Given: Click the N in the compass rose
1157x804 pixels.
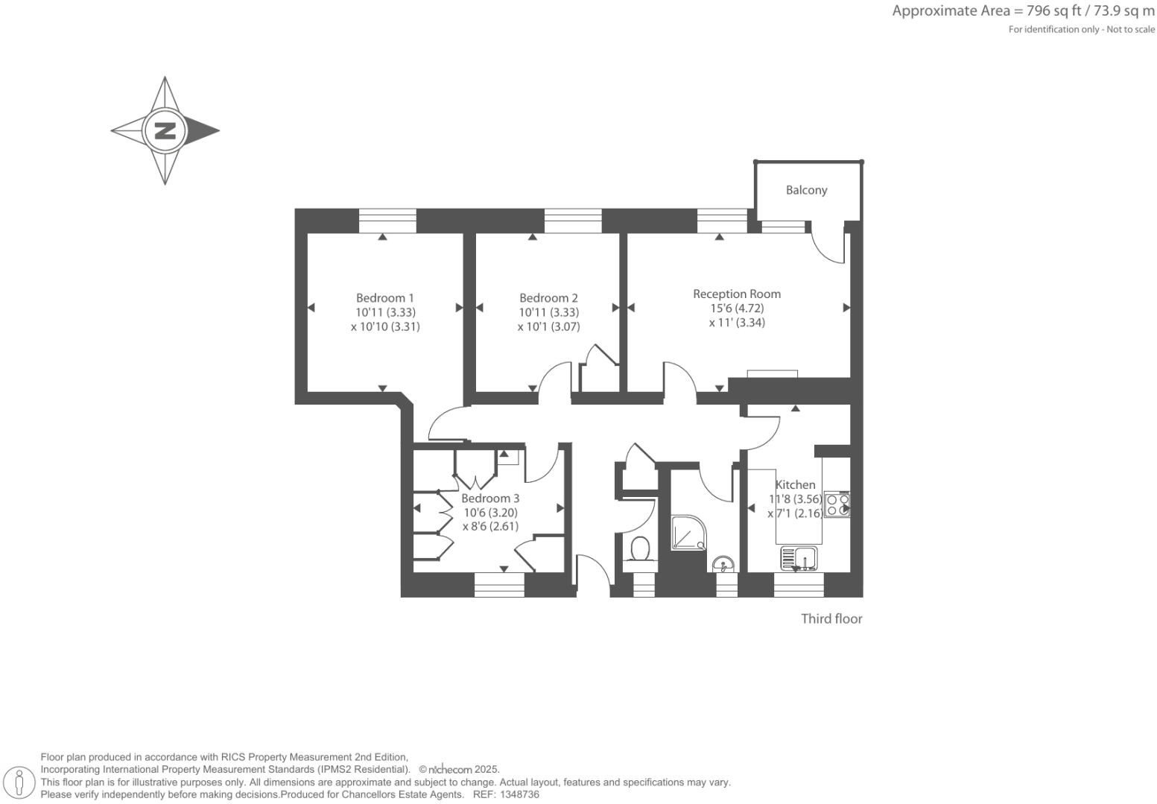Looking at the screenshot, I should point(165,130).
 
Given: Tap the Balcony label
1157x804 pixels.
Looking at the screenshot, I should point(806,190).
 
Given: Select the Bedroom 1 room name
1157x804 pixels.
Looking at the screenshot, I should point(384,298).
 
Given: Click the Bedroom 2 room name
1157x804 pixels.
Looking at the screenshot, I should point(548,298).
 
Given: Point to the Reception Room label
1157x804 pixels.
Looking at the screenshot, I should point(737,294).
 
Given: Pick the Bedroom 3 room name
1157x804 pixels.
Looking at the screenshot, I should point(490,498).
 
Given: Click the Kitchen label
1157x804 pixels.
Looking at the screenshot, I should point(796,484).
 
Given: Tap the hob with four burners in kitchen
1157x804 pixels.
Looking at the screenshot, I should point(837,505).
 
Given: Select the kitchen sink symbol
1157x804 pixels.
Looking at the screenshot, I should point(799,558).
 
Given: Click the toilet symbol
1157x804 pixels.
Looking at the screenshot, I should point(639,550).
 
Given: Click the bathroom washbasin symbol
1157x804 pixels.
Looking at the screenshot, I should point(723,563).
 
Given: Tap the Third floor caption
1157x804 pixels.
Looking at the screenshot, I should point(831,618).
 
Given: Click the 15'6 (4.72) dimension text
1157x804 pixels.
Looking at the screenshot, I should point(737,308).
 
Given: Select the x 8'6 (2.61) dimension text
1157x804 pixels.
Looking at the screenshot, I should point(490,526).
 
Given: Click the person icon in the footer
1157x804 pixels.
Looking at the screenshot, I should point(20,782).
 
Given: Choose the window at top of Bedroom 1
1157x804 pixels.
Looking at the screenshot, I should point(387,221).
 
